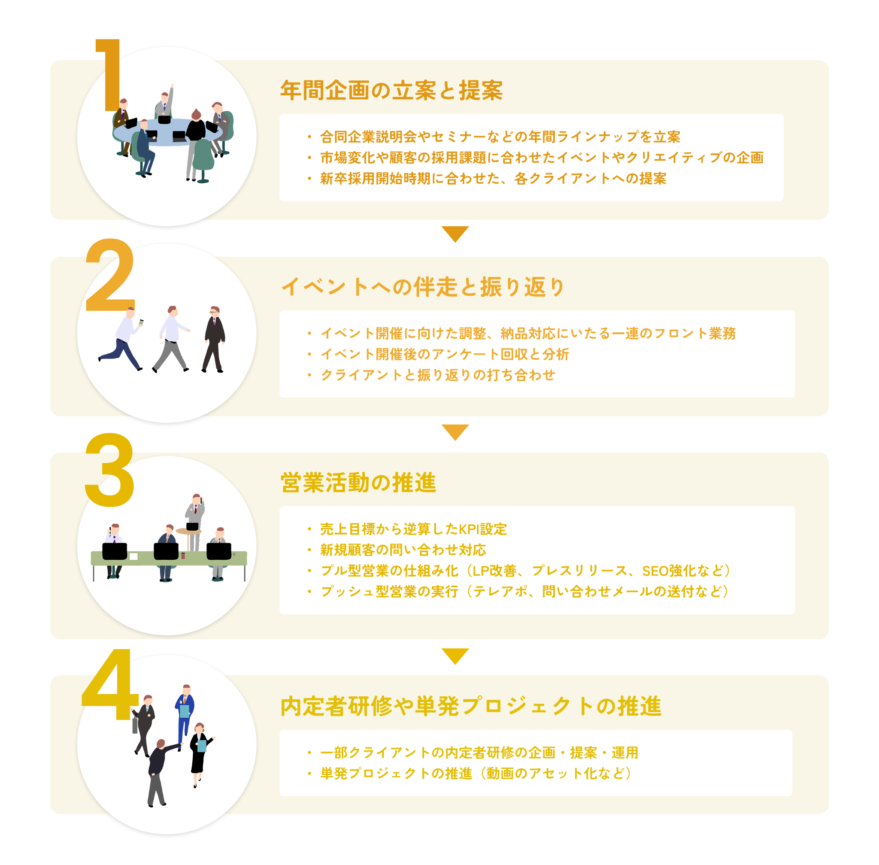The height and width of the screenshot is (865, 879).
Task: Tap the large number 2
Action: [x=110, y=275]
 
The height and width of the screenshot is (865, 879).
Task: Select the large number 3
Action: [x=109, y=470]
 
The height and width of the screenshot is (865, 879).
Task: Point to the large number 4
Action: [x=110, y=685]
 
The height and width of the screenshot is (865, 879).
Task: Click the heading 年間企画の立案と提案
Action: [x=391, y=91]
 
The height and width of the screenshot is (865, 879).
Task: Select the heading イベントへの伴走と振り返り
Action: [x=422, y=287]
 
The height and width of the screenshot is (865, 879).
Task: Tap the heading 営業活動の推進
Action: [x=358, y=483]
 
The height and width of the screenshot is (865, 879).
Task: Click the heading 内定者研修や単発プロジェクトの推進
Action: [x=471, y=707]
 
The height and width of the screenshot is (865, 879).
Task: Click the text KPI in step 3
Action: [x=469, y=529]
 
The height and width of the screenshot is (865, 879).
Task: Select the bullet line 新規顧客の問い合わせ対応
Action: [x=403, y=550]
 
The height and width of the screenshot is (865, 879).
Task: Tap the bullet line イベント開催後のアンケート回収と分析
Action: [x=445, y=354]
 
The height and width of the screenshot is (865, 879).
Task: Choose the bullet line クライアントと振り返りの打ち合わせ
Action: [x=438, y=375]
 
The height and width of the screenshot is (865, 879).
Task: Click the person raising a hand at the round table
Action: [x=165, y=102]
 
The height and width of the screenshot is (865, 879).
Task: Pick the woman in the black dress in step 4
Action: [x=200, y=755]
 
